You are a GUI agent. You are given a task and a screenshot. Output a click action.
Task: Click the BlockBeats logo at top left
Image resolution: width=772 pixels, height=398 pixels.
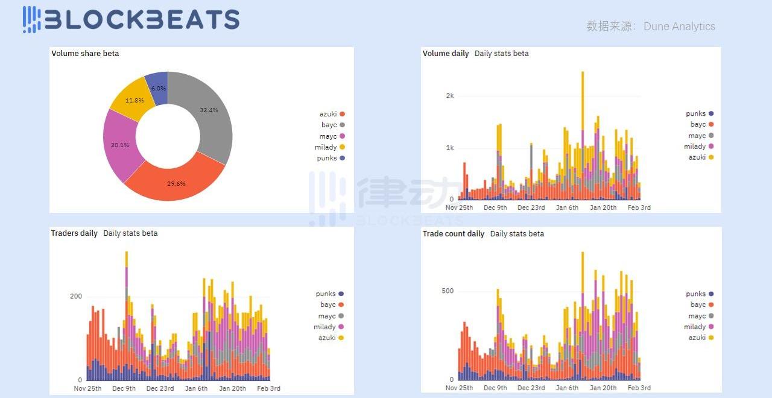[x=131, y=19]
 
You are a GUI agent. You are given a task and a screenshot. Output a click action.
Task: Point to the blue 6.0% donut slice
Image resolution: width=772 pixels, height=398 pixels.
[x=158, y=88]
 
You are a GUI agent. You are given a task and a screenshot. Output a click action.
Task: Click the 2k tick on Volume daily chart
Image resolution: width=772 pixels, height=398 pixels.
[x=450, y=96]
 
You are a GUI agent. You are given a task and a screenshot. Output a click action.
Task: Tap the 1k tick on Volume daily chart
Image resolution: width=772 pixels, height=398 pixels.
[x=450, y=148]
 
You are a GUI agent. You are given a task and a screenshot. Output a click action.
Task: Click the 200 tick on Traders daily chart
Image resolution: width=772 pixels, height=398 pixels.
[x=76, y=296]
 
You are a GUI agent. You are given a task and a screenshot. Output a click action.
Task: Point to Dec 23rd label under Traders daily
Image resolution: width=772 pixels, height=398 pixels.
[x=160, y=388]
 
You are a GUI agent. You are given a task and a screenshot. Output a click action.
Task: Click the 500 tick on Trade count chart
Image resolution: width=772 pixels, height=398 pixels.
[x=447, y=291]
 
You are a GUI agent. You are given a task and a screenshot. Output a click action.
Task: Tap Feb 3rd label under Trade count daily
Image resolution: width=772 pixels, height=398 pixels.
[x=640, y=388]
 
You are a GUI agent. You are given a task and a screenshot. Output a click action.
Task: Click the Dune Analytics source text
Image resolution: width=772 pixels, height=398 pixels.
[x=679, y=27]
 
